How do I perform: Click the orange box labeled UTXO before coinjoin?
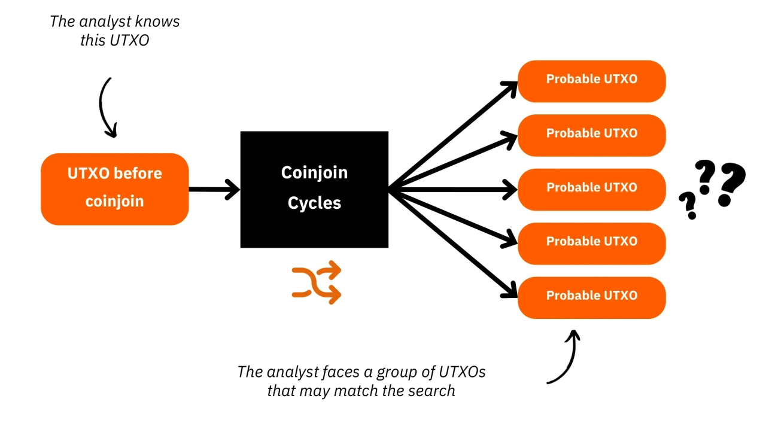click(114, 188)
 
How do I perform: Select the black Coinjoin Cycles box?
click(314, 189)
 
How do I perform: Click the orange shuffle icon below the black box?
click(317, 282)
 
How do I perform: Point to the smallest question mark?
click(688, 205)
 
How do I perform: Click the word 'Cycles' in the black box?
click(314, 203)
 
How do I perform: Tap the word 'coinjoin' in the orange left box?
click(114, 201)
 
